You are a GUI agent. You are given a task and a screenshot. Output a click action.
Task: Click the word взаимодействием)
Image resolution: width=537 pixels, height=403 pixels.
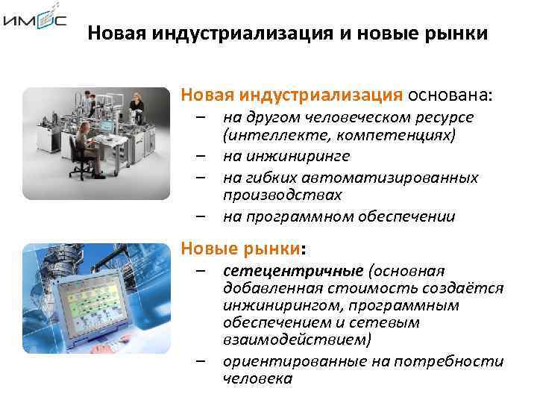pos(297,340)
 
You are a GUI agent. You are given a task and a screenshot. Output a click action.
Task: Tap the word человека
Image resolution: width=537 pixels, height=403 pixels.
pos(258,378)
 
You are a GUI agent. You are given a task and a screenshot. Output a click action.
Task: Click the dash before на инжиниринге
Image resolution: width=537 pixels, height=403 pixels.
pos(201,156)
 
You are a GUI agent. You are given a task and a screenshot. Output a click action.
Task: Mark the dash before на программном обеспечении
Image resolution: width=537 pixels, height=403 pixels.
pos(201,216)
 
